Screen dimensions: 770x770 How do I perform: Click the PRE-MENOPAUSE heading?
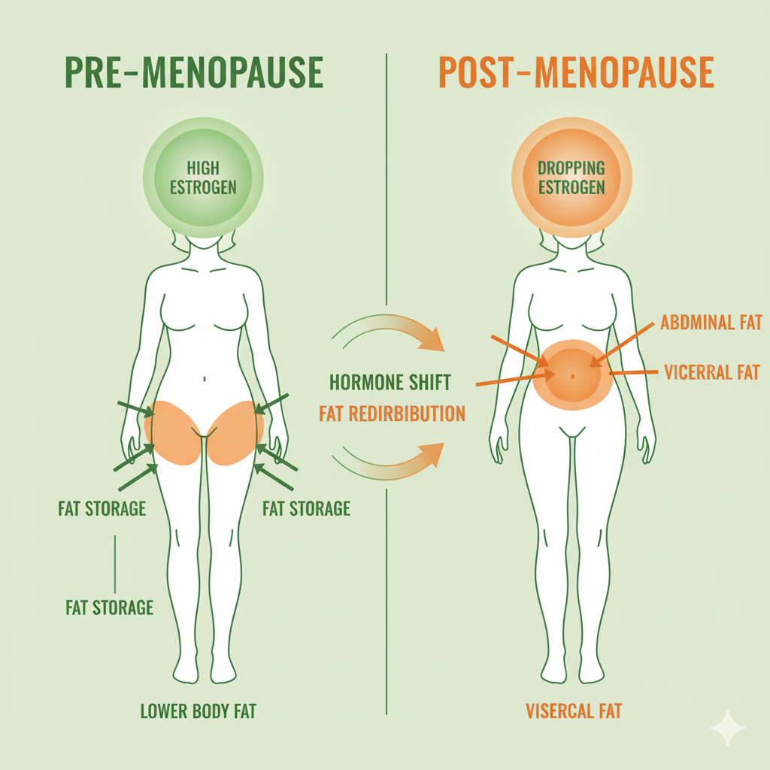(194, 74)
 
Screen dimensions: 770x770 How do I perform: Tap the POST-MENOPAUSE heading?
(575, 74)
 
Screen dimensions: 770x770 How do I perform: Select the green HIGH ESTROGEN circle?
(202, 177)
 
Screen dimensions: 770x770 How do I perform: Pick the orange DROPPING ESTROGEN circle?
(571, 177)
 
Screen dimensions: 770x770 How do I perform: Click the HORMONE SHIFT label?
(390, 382)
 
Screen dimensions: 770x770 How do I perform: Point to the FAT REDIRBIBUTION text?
(392, 414)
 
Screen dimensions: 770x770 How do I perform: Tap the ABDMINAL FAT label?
(711, 323)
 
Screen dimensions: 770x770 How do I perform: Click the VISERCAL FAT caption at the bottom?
(574, 711)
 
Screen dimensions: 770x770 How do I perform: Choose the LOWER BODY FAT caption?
(199, 711)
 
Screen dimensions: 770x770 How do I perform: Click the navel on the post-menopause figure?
(573, 374)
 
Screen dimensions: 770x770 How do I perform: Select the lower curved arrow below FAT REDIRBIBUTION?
(391, 460)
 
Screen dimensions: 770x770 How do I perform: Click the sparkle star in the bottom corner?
(728, 727)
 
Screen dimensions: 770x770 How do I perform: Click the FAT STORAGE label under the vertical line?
(110, 607)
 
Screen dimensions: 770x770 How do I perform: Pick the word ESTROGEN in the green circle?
(202, 187)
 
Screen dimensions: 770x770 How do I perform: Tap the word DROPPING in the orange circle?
(571, 168)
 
